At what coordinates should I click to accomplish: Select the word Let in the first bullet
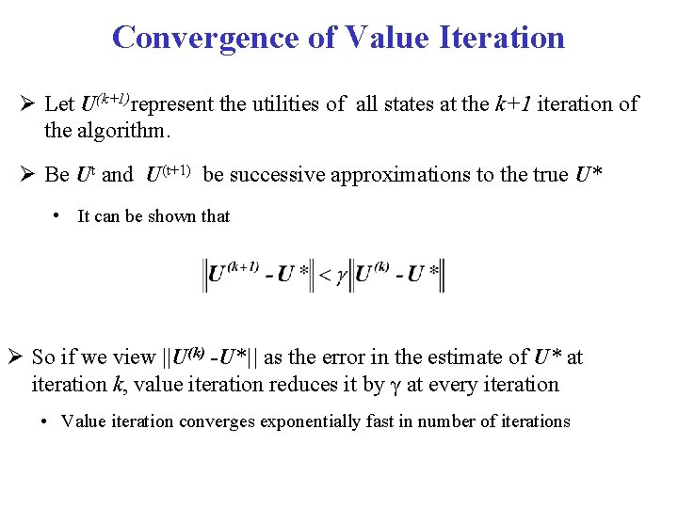[61, 104]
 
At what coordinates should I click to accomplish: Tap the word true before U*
[546, 175]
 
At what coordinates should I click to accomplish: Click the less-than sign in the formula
[326, 275]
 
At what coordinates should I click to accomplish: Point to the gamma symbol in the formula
[342, 277]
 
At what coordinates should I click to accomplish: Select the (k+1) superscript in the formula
[242, 266]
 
